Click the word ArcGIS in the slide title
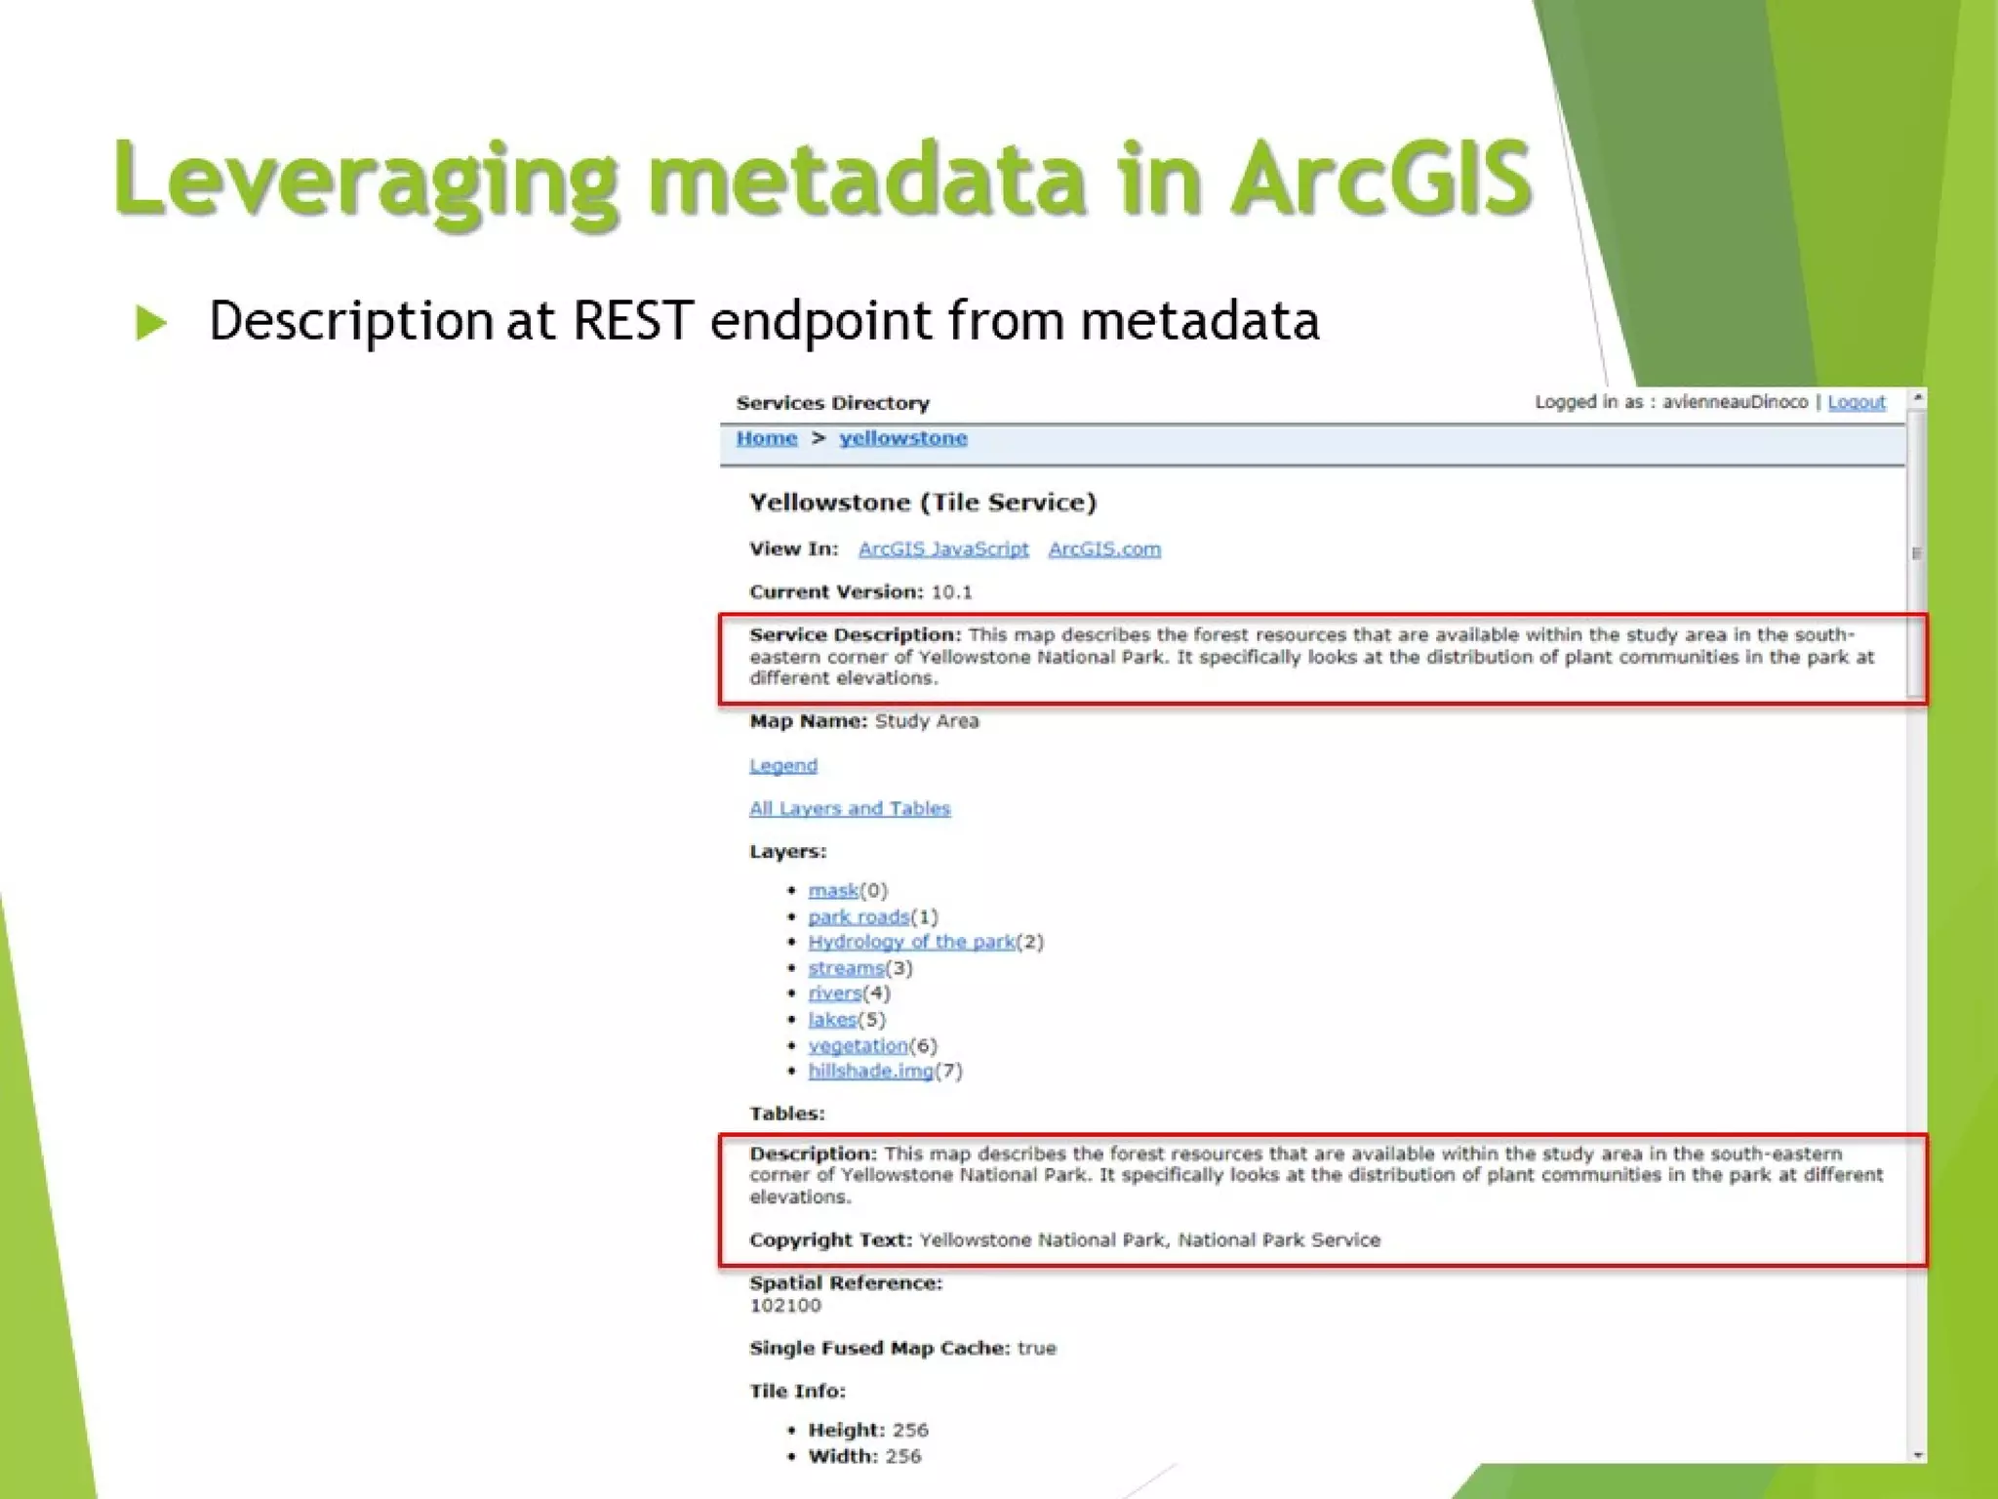(1380, 179)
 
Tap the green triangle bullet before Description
(151, 323)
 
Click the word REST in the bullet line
(632, 321)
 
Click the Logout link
(1856, 402)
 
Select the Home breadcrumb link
(766, 438)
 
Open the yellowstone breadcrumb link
(902, 438)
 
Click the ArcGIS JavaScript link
(942, 549)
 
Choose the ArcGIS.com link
(1103, 549)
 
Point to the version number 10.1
(951, 592)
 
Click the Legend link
(782, 766)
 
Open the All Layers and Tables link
(849, 809)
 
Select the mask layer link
(832, 891)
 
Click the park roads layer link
(858, 917)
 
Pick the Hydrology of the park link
(910, 943)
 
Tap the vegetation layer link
(857, 1046)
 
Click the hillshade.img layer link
(869, 1072)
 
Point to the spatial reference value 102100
(784, 1306)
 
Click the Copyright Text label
(829, 1240)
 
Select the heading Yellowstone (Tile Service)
(922, 503)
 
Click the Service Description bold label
(854, 635)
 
